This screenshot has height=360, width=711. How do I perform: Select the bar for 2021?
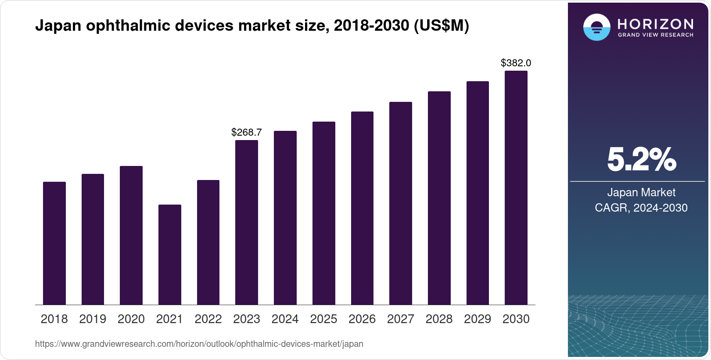coord(169,255)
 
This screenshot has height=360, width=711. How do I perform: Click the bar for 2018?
coord(54,243)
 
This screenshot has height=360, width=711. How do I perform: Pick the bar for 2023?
coord(247,222)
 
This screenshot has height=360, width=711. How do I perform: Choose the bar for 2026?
coord(362,208)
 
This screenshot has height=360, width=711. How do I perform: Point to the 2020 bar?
coord(131,235)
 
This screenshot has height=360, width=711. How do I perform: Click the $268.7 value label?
coord(247,132)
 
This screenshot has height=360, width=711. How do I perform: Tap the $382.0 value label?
coord(516,63)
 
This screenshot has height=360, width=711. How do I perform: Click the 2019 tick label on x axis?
coord(93,319)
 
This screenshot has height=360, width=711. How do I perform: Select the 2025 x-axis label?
coord(323,319)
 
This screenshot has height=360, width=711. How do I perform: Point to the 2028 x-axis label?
coord(439,319)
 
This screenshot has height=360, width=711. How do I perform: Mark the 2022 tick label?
coord(208,319)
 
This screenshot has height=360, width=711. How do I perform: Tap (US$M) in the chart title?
coord(442,26)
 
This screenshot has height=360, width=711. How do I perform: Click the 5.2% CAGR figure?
coord(641,160)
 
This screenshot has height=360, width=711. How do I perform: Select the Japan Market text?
coord(641,192)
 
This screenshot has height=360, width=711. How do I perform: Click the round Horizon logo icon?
coord(596,27)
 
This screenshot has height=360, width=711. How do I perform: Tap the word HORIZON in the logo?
coord(655,24)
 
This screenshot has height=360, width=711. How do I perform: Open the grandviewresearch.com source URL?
coord(199,344)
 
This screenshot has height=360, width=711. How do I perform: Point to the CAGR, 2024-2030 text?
coord(641,208)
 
